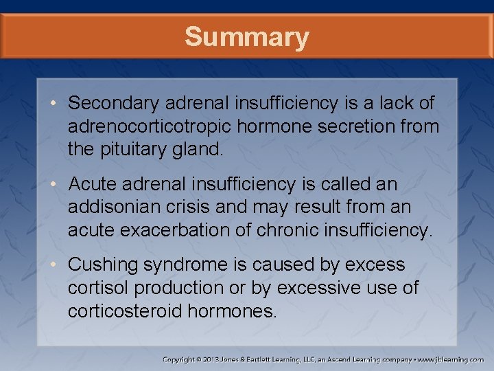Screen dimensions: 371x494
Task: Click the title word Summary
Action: (x=246, y=36)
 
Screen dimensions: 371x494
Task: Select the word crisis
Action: (x=204, y=207)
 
